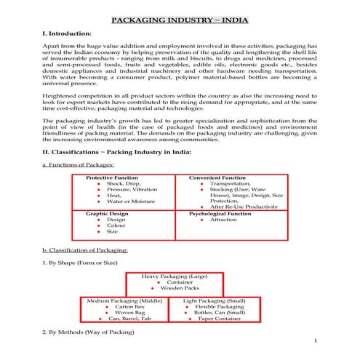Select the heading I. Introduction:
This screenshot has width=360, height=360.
(68, 35)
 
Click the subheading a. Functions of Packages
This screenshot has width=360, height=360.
(78, 167)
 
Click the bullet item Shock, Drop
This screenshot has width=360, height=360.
(122, 185)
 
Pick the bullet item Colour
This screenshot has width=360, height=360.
(116, 225)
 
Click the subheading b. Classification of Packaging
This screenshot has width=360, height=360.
(86, 250)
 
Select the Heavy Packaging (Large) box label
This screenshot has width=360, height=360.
(179, 277)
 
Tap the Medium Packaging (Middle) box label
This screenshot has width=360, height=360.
(124, 300)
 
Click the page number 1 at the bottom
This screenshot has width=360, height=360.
(316, 340)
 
